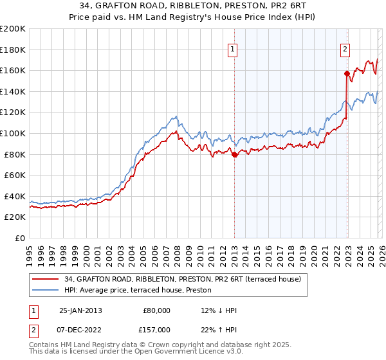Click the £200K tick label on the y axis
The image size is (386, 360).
click(x=13, y=29)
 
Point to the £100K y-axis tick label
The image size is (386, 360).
click(x=13, y=133)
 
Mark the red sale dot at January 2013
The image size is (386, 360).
click(x=234, y=154)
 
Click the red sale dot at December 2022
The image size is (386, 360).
click(x=347, y=73)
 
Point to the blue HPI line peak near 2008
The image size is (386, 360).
click(x=175, y=116)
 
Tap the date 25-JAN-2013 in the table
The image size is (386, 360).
click(x=80, y=310)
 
